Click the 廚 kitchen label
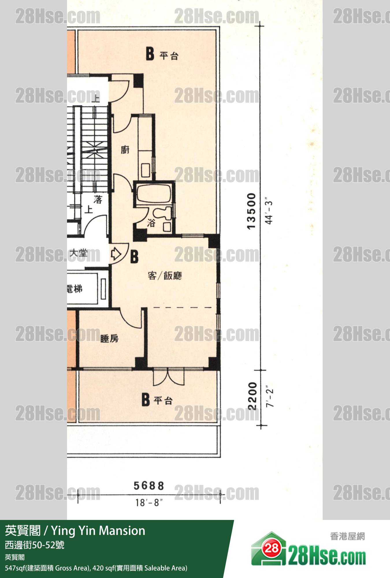tap(125, 150)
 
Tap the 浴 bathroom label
tap(151, 223)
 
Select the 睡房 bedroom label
tap(109, 338)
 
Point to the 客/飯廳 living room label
tap(165, 276)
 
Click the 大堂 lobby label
tap(79, 253)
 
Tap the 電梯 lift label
tap(75, 289)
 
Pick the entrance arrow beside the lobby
tap(116, 254)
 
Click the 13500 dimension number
tap(251, 211)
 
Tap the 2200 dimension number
tap(252, 396)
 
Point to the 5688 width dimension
tap(149, 486)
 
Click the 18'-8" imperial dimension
tap(149, 503)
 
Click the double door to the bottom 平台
tap(168, 377)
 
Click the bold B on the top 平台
tap(150, 54)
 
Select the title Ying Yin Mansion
tap(98, 531)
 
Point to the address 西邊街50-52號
tap(35, 545)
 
